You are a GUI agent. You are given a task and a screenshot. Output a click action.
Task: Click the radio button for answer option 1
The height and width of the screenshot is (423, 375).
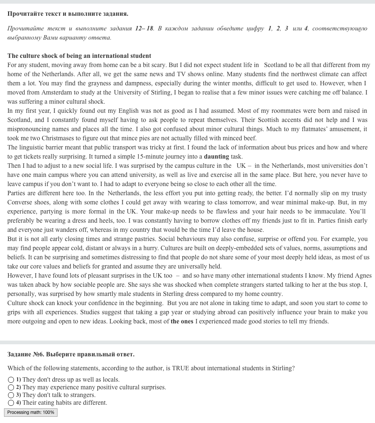click(11, 380)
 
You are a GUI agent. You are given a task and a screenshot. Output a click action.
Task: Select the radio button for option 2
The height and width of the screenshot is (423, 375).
click(11, 387)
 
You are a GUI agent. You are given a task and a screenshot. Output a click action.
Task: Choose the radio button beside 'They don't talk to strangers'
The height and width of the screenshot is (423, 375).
click(11, 395)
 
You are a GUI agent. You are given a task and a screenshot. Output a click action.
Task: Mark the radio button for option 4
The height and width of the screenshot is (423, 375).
click(11, 403)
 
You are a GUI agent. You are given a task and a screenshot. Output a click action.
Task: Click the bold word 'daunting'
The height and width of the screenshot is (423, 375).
click(216, 156)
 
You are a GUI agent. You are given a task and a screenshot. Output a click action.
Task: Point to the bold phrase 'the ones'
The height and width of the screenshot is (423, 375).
click(182, 322)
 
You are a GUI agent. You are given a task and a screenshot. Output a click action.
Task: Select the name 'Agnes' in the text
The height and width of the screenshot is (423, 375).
click(363, 275)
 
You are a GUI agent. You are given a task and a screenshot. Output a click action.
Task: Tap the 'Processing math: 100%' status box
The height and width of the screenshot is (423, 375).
click(31, 412)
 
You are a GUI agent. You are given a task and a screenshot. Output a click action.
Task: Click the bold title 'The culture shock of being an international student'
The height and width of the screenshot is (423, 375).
click(79, 56)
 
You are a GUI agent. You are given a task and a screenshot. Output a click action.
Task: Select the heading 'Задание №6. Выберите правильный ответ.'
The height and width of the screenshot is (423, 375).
click(71, 354)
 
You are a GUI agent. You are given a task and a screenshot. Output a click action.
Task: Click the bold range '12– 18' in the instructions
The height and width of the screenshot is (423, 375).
click(144, 28)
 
